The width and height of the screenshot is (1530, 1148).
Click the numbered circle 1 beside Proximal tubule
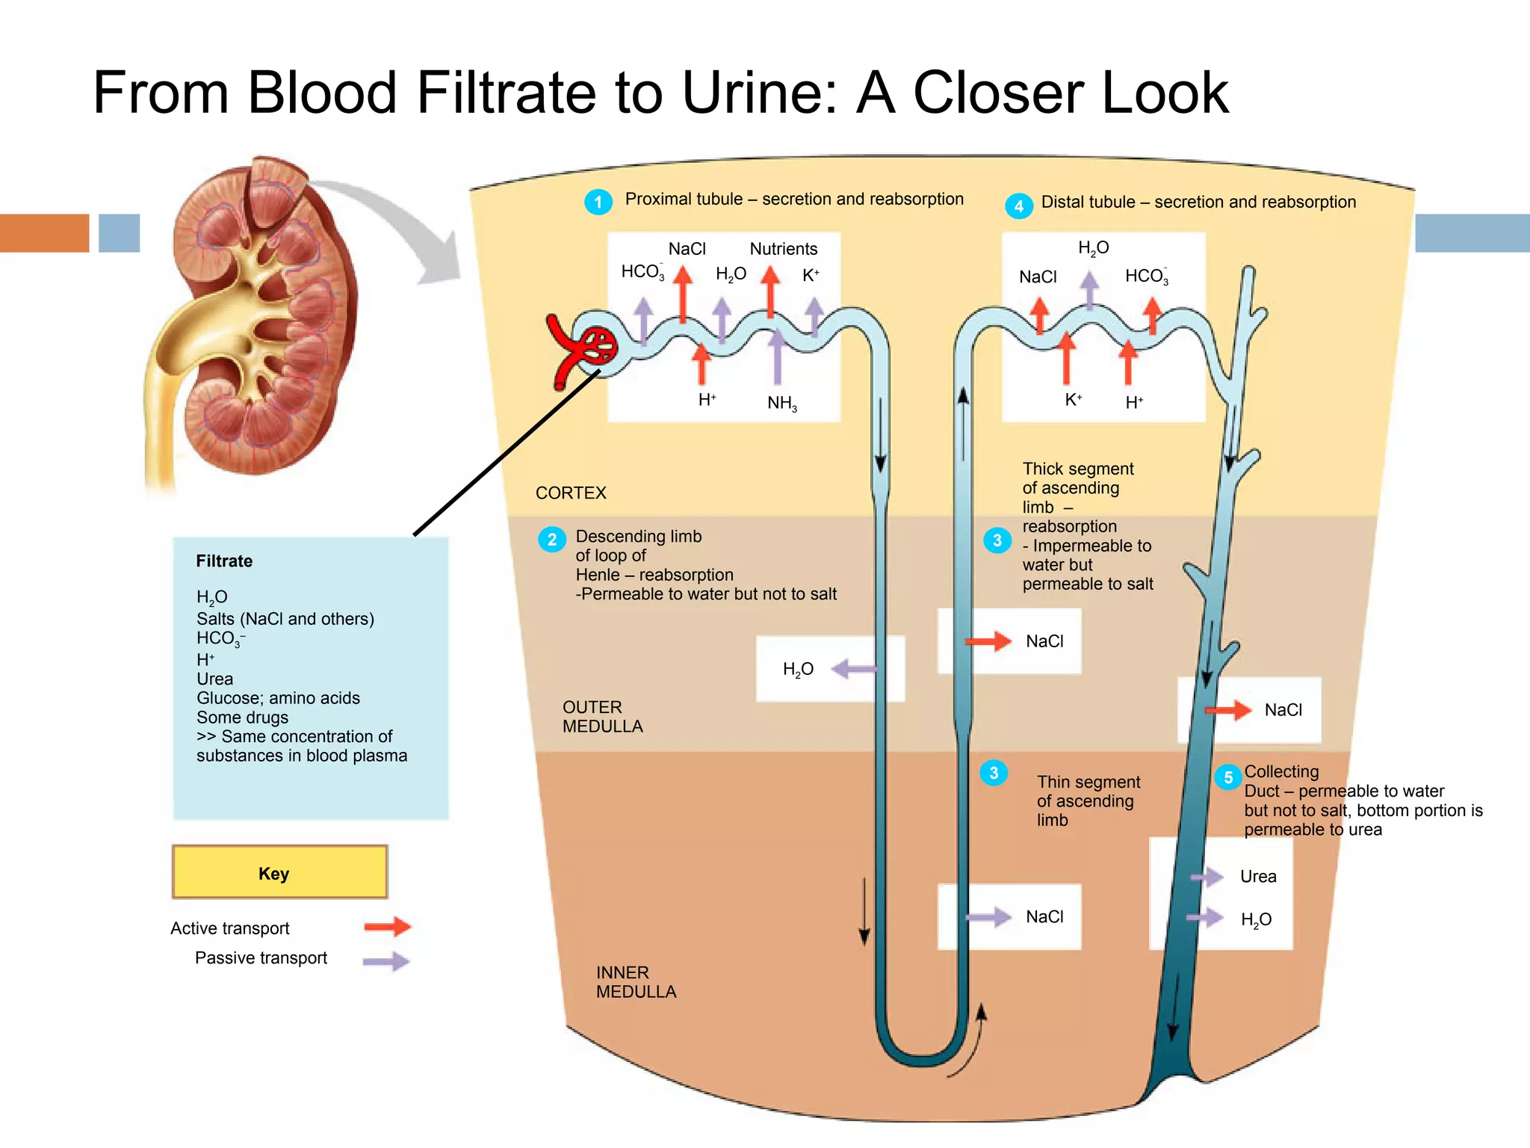598,202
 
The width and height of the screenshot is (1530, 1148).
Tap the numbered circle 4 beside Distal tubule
1018,206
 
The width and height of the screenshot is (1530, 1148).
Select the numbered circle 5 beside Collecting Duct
1227,777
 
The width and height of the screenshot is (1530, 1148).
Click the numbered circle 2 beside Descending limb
551,540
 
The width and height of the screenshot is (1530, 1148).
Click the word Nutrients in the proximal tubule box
783,249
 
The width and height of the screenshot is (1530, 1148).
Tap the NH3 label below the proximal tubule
781,404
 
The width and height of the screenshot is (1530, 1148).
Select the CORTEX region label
571,493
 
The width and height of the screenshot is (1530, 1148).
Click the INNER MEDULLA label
636,982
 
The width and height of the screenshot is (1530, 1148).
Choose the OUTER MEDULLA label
602,717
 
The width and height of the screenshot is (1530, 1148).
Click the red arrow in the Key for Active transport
387,927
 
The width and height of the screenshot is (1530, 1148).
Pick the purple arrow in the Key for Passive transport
385,961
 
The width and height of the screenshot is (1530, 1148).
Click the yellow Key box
279,872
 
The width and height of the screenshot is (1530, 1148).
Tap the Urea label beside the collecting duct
1258,877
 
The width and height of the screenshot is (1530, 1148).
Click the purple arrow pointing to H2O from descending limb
853,669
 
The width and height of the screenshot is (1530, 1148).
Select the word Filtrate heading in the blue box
224,561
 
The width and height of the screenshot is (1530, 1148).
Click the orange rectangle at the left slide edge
44,232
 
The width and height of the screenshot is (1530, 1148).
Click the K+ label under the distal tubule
1073,400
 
